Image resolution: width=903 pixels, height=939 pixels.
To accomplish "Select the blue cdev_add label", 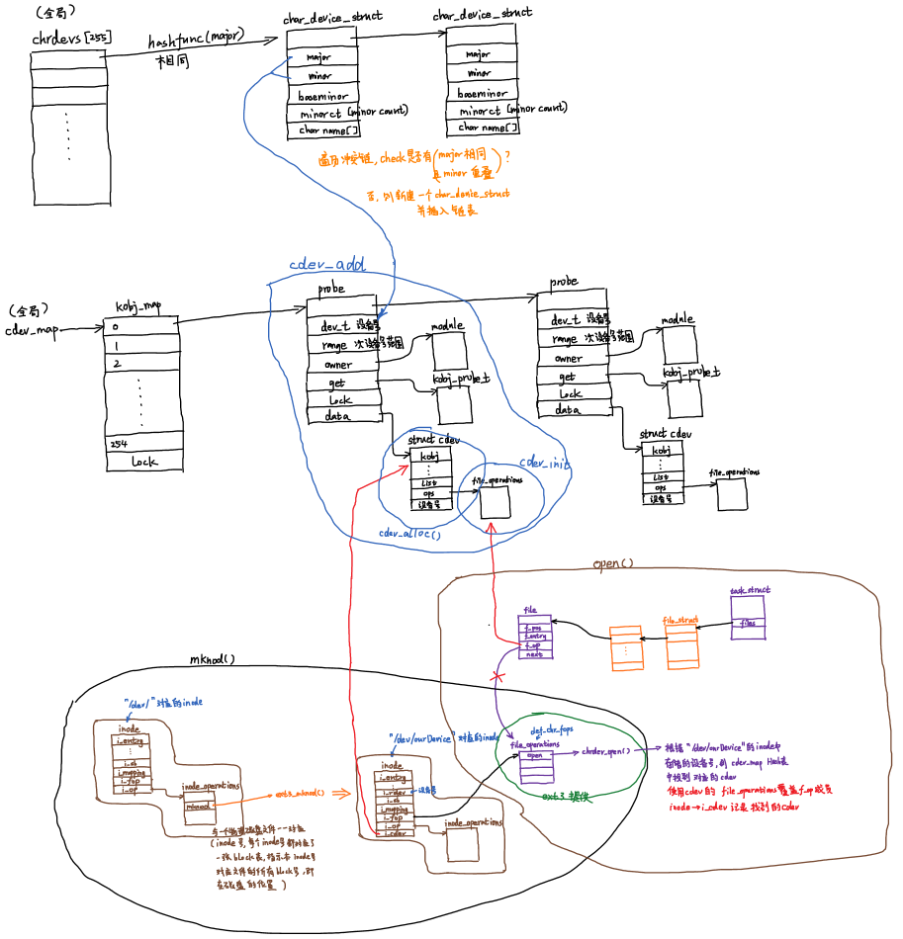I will click(326, 265).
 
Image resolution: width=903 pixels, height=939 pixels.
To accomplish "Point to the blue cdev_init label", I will click(545, 463).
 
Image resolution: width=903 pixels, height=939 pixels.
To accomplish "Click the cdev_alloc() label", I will click(409, 533).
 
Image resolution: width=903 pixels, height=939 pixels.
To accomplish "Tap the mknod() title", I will click(213, 659).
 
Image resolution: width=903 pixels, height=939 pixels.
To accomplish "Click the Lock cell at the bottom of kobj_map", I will click(142, 462).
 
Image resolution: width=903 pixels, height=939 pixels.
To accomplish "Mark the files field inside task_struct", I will click(749, 623).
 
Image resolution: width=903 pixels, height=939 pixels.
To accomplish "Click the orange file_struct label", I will click(681, 621).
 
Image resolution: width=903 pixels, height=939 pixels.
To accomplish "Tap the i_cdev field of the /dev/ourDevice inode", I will click(393, 833).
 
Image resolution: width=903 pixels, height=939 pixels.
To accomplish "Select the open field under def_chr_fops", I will click(534, 755).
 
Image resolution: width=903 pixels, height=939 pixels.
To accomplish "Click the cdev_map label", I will click(32, 330).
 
